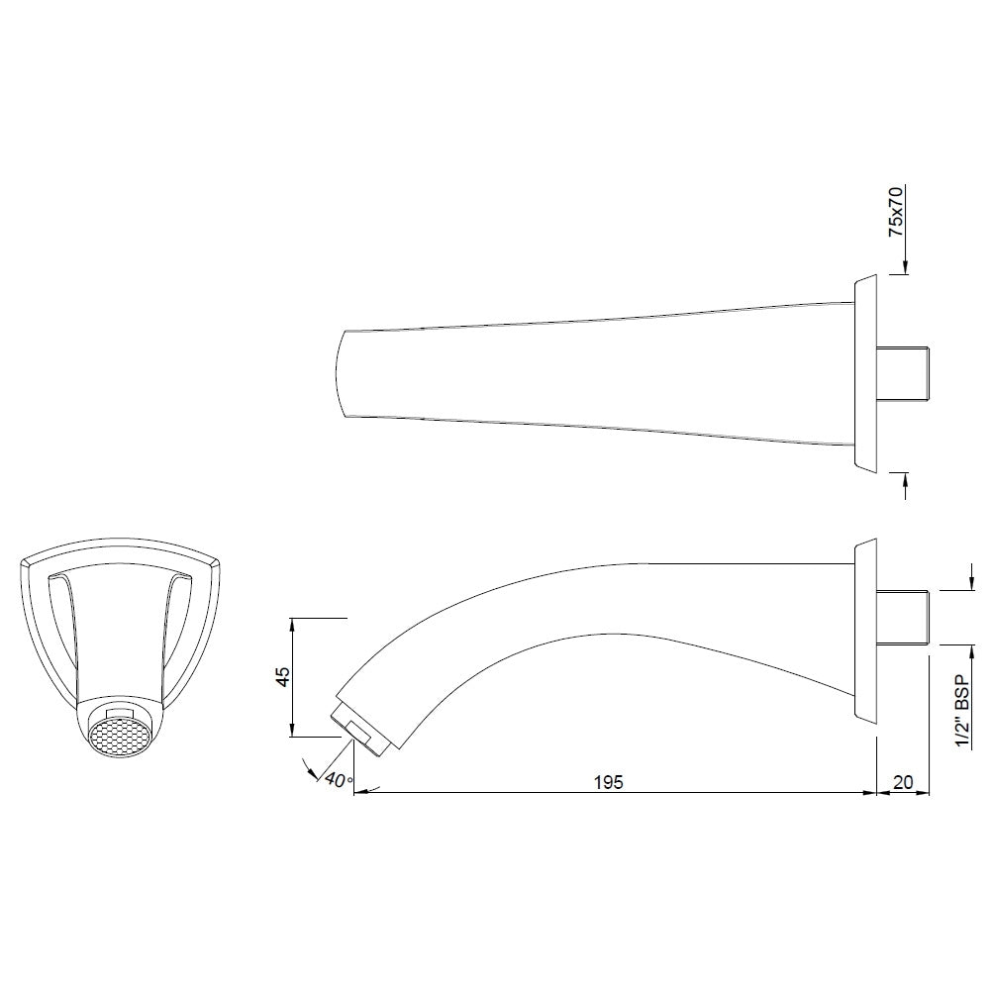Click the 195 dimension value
609,782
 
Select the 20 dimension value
903,782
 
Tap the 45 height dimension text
283,677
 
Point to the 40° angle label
337,780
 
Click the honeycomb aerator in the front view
116,738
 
